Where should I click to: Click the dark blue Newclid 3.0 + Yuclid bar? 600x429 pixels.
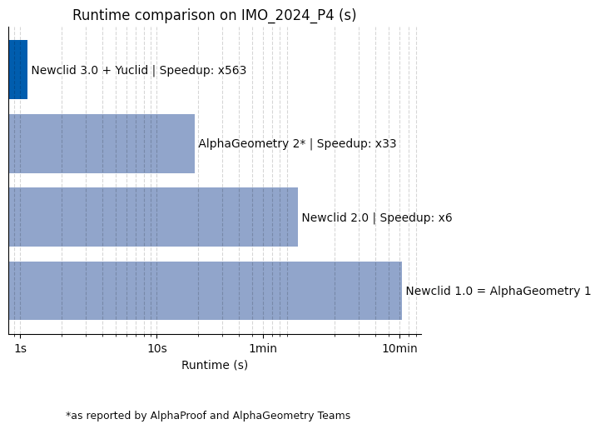point(18,70)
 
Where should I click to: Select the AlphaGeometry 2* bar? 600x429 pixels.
point(102,143)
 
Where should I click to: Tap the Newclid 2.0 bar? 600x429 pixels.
point(153,217)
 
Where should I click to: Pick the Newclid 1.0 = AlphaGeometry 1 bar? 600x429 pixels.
point(205,291)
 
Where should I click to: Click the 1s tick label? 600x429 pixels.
point(21,348)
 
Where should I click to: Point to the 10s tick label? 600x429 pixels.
point(157,348)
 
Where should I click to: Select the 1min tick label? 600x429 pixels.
point(263,348)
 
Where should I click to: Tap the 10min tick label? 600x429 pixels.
point(399,348)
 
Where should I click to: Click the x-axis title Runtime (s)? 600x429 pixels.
point(215,365)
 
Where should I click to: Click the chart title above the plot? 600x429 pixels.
point(214,15)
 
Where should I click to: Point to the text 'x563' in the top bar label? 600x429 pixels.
point(232,70)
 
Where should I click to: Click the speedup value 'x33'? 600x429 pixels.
point(385,143)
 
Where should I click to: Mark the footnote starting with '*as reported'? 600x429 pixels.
point(208,416)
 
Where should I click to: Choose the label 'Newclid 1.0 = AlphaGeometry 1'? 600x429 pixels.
point(498,291)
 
